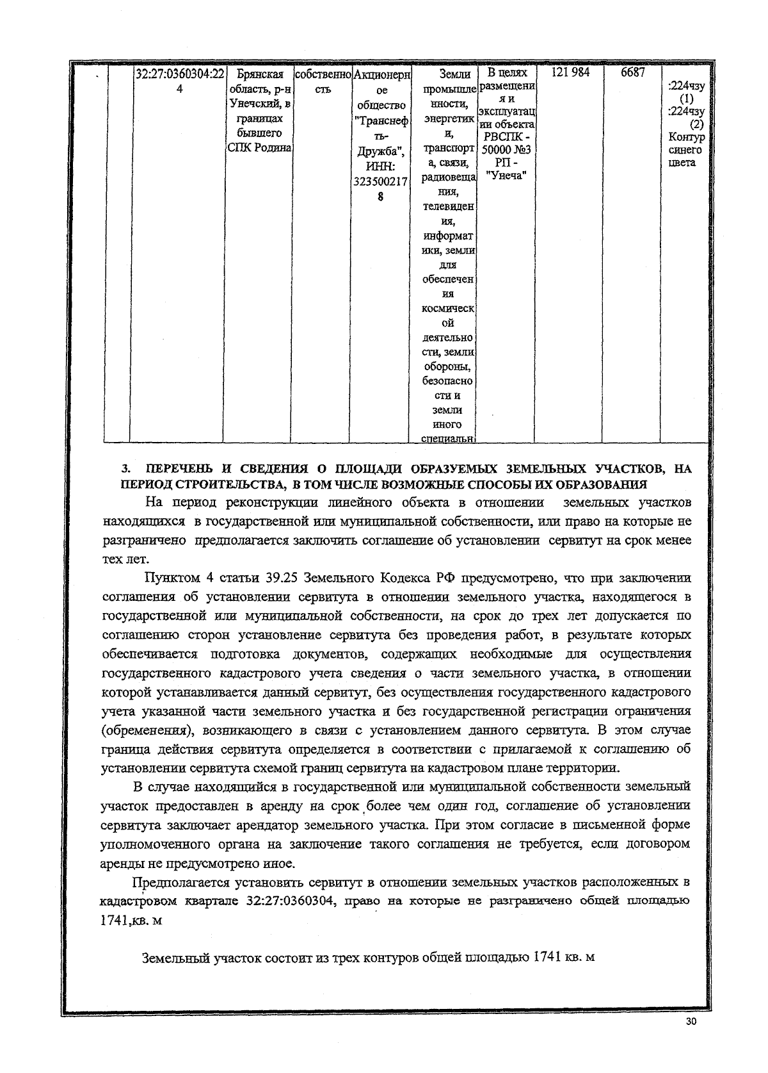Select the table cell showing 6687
point(632,73)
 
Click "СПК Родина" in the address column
point(260,148)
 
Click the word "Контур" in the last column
point(686,137)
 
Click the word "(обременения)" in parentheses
point(144,730)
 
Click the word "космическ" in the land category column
point(448,309)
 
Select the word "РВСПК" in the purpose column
point(502,137)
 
